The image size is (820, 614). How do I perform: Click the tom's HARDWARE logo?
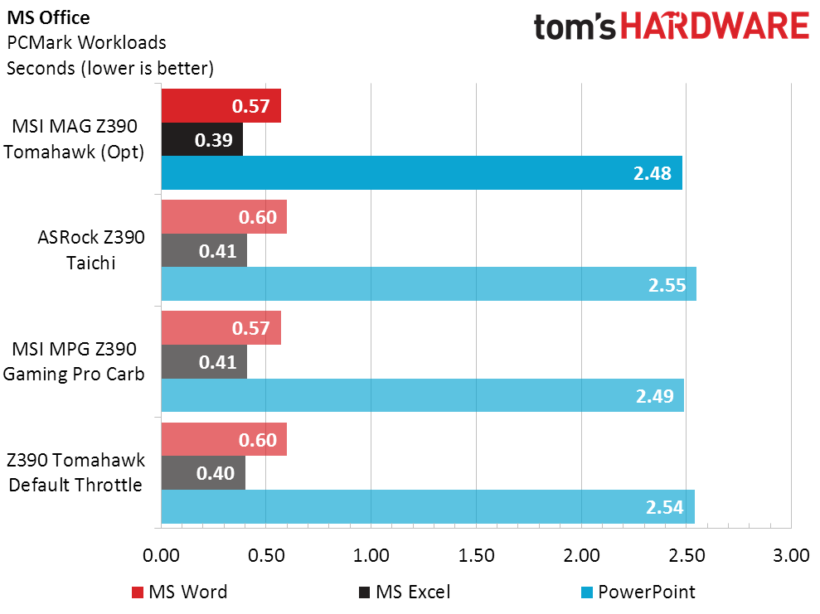tap(671, 26)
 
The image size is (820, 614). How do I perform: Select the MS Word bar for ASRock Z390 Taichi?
tap(224, 217)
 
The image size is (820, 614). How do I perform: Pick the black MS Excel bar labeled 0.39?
tap(201, 140)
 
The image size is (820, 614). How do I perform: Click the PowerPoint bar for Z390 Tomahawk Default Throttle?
tap(427, 507)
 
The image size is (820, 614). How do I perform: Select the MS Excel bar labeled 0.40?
tap(203, 473)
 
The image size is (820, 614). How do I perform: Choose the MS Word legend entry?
tap(179, 592)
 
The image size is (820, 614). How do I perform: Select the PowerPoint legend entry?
tap(637, 592)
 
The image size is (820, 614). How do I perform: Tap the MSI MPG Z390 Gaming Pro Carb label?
tap(74, 361)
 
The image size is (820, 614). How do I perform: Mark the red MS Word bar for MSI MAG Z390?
tap(221, 106)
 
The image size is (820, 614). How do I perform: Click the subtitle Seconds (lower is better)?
tap(110, 68)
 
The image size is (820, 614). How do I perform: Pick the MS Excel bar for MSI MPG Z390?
tap(204, 362)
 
